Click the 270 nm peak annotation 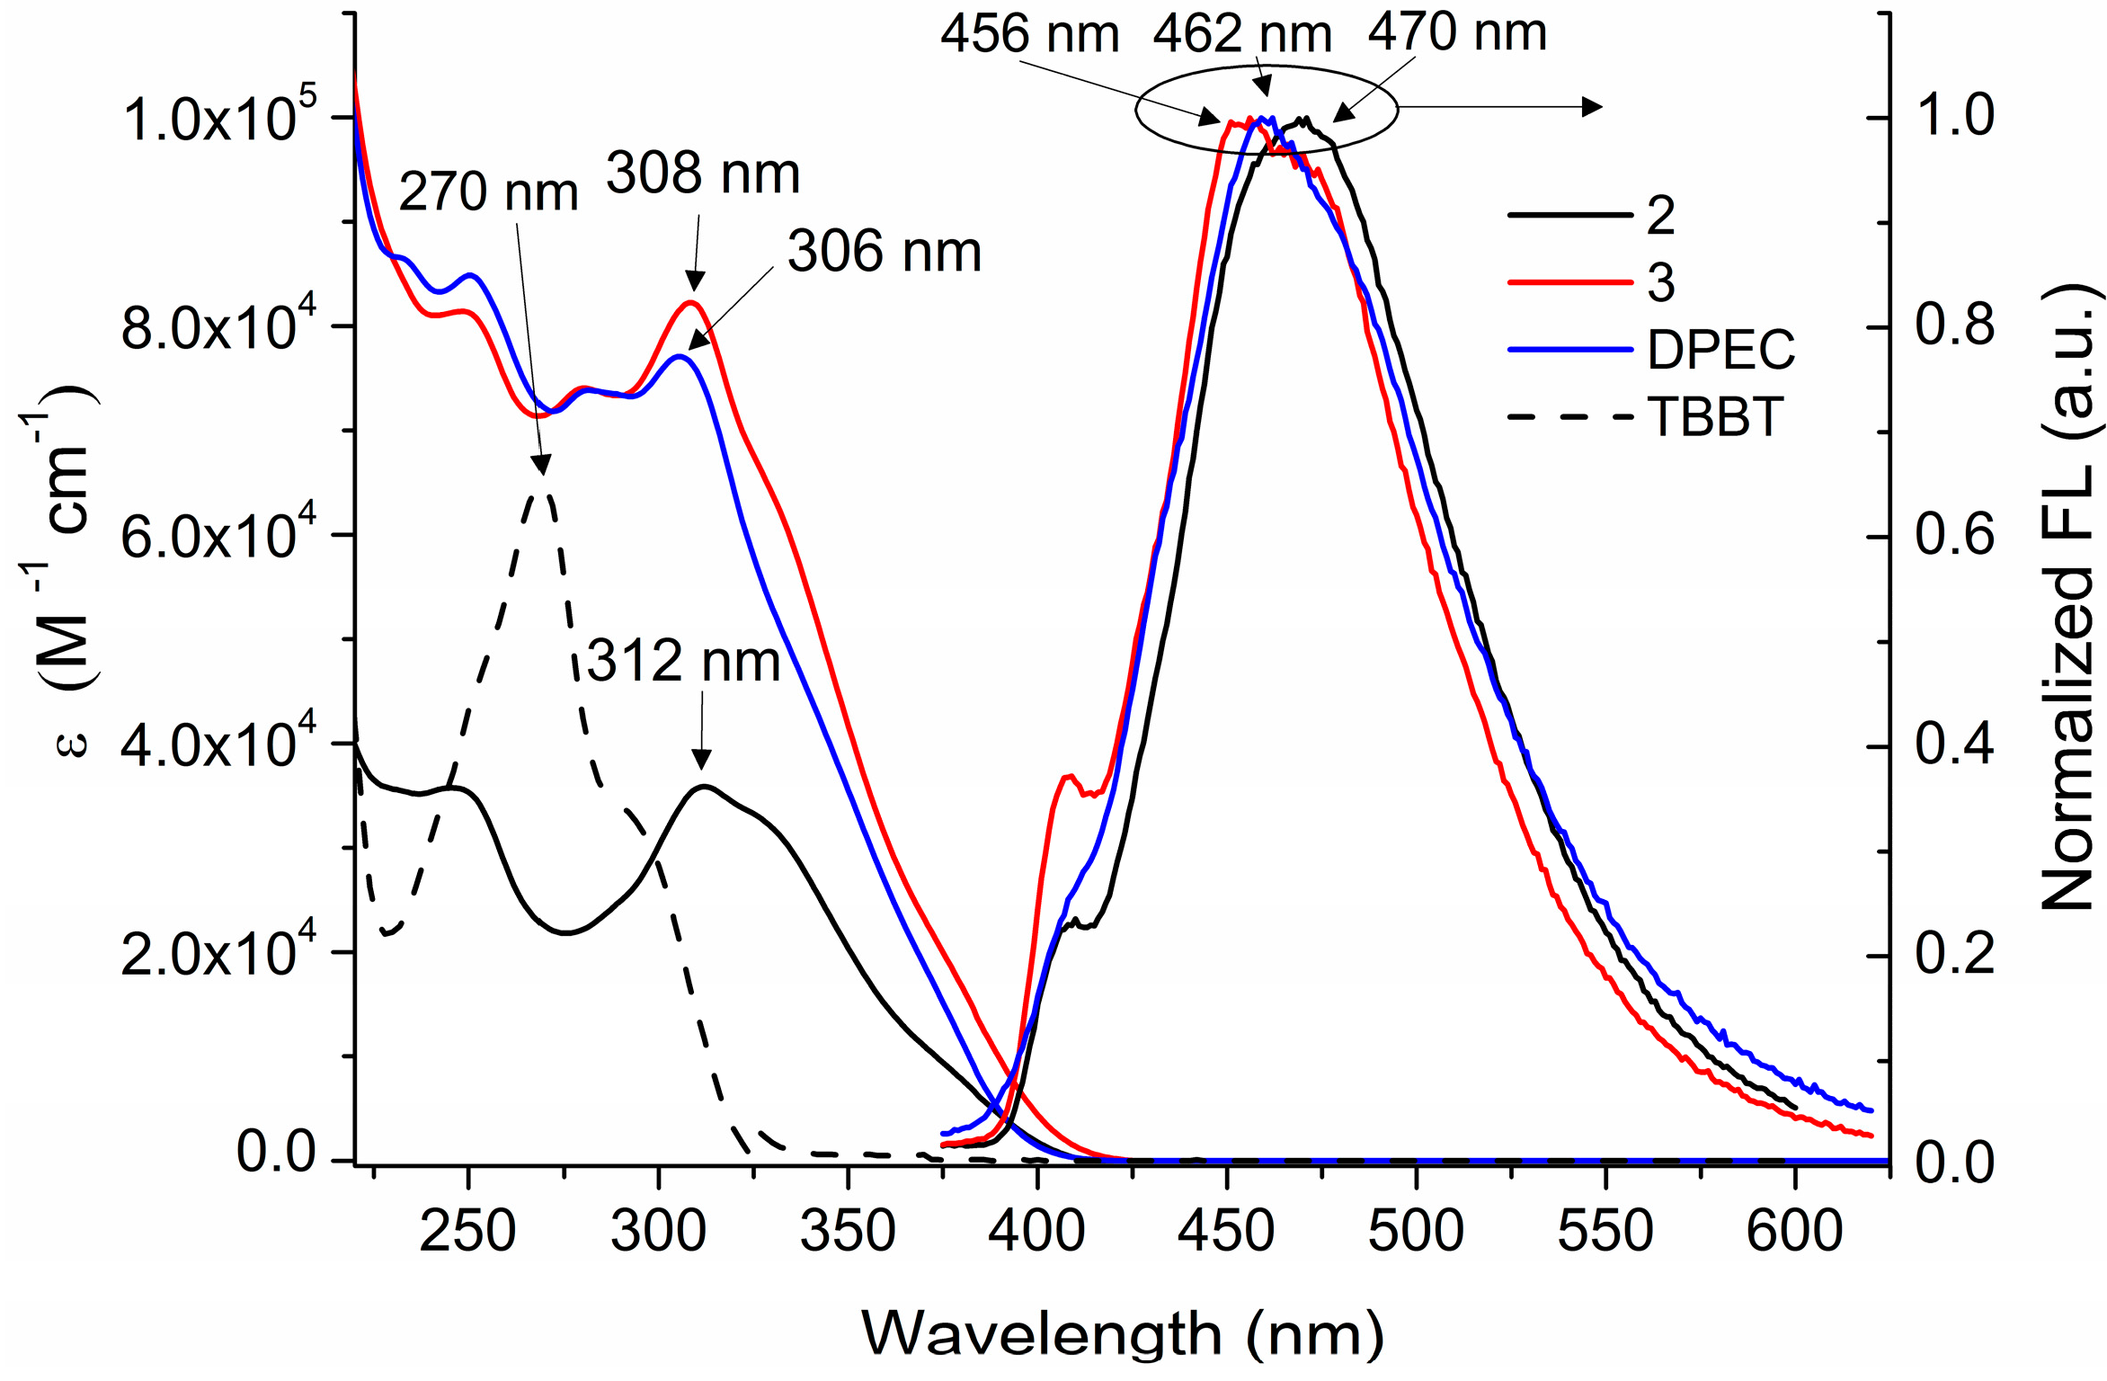coord(488,192)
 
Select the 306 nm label coord(885,252)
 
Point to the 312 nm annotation coord(683,662)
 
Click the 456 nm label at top coord(1030,36)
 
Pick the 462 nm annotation coord(1242,36)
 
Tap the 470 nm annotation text coord(1457,33)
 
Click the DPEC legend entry coord(1720,350)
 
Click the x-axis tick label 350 coord(848,1231)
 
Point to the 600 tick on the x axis coord(1794,1231)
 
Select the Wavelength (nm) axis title coord(1123,1332)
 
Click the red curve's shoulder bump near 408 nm coord(1068,776)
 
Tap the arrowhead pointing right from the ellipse coord(1591,107)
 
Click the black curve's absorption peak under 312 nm coord(704,787)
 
